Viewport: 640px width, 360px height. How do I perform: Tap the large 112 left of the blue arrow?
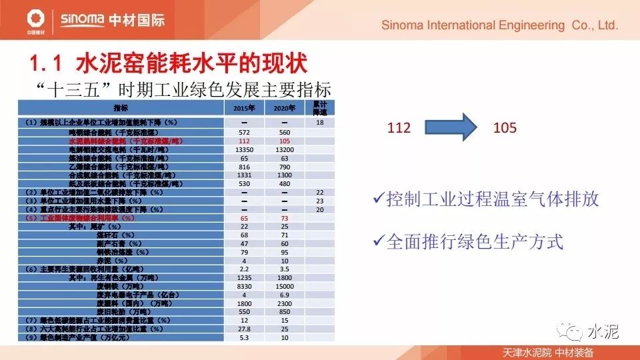(399, 127)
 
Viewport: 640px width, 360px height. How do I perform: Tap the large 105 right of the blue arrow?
(505, 127)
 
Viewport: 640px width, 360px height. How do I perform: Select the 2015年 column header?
(245, 108)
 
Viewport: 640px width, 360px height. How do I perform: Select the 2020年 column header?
(284, 108)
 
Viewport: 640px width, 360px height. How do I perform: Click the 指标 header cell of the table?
(121, 108)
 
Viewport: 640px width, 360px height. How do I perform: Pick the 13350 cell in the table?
(245, 150)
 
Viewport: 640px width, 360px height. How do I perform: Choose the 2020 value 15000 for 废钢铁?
(284, 285)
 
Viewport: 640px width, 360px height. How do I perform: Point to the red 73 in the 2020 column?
(284, 218)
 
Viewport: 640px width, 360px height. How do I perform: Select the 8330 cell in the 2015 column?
(245, 285)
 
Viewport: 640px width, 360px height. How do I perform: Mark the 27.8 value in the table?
(245, 329)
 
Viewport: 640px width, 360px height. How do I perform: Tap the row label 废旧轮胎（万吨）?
(129, 311)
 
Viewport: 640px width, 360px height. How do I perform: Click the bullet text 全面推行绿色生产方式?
(475, 241)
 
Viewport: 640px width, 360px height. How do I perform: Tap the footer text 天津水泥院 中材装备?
(548, 352)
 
